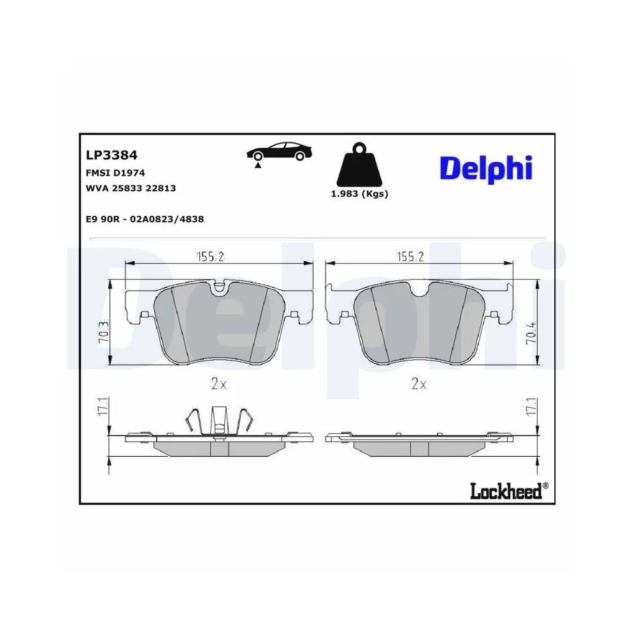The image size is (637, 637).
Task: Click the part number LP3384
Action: click(111, 155)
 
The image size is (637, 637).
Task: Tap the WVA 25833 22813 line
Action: click(131, 189)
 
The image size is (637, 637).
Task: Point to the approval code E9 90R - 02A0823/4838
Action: click(144, 218)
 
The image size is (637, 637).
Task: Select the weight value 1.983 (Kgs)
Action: click(359, 194)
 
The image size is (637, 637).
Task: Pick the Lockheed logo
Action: click(506, 490)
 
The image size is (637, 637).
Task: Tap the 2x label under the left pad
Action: click(220, 383)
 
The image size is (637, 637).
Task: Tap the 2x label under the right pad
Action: click(419, 383)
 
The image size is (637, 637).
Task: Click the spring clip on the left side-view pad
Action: click(219, 420)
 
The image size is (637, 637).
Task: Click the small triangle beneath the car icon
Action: click(258, 165)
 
